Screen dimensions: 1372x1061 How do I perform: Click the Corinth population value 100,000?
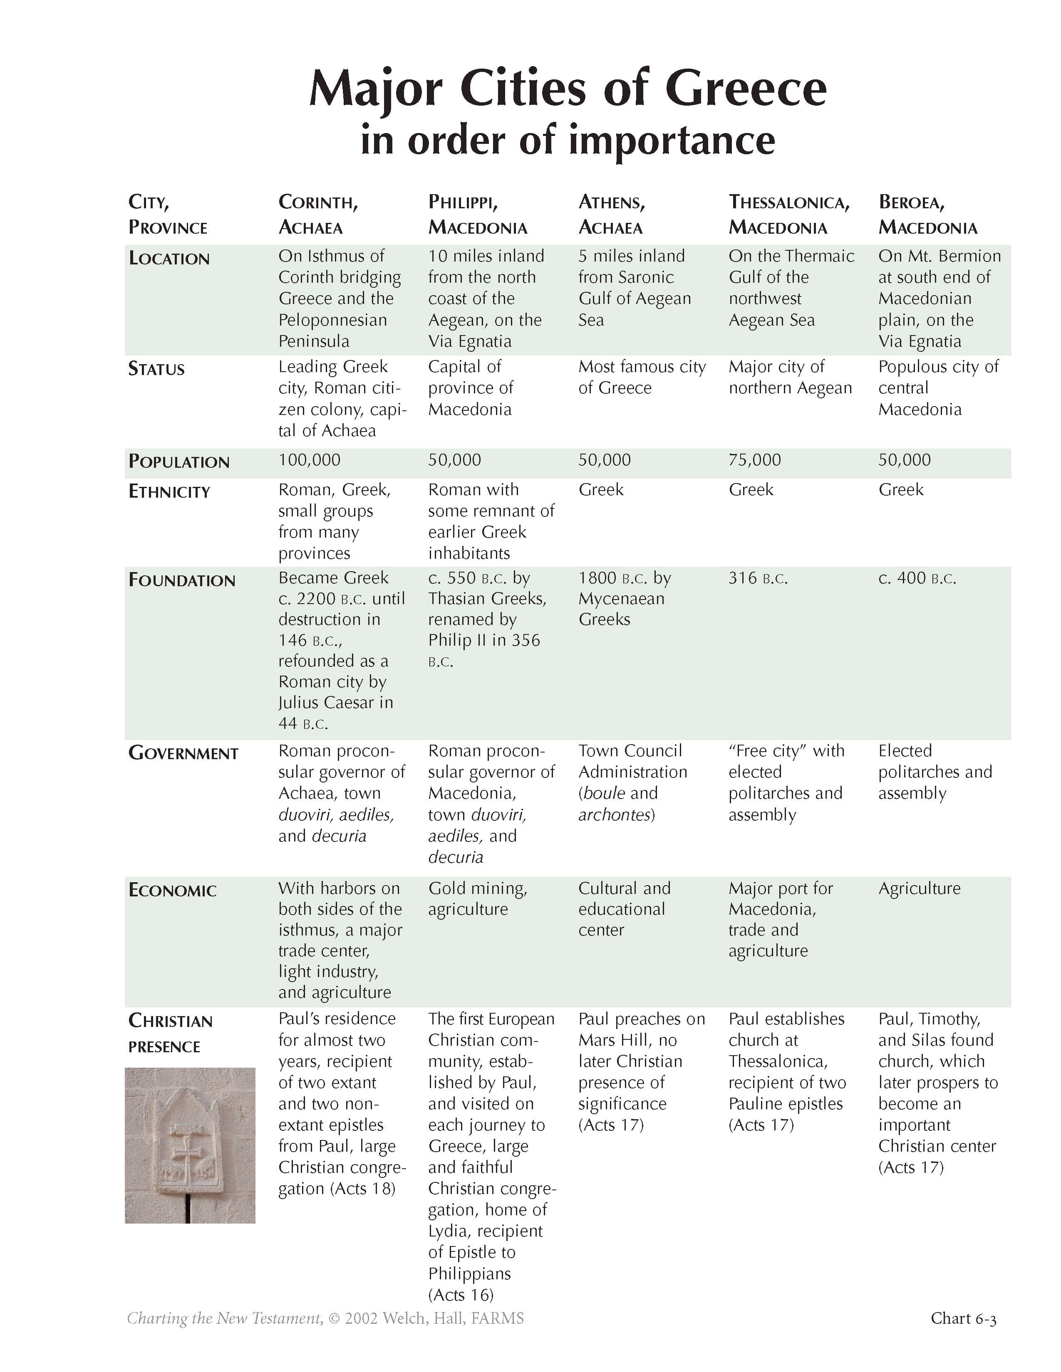tap(309, 460)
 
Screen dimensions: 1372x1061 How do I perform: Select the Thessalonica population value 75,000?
tap(754, 460)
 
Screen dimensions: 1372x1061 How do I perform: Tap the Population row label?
tap(179, 462)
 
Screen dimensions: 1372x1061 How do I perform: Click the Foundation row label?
tap(182, 580)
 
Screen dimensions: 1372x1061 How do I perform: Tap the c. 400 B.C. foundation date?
tap(917, 578)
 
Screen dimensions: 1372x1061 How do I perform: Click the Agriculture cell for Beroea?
tap(919, 888)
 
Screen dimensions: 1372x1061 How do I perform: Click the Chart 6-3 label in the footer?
tap(963, 1318)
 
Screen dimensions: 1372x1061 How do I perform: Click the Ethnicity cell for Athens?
tap(601, 489)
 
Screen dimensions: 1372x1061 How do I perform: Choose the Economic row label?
tap(172, 890)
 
